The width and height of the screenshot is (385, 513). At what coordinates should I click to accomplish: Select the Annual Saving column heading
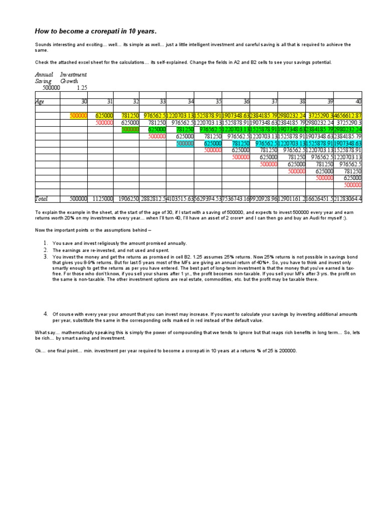pyautogui.click(x=44, y=78)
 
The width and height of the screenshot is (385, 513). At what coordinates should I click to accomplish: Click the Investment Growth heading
pyautogui.click(x=73, y=78)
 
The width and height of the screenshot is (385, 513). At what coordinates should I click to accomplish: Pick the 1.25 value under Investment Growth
pyautogui.click(x=82, y=87)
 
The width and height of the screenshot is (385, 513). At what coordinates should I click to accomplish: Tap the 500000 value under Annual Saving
pyautogui.click(x=51, y=87)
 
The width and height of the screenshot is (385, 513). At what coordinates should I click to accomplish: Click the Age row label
pyautogui.click(x=40, y=102)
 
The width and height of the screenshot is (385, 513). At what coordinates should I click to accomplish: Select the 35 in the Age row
pyautogui.click(x=218, y=102)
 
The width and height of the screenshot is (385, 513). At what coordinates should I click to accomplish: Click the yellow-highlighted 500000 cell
pyautogui.click(x=78, y=116)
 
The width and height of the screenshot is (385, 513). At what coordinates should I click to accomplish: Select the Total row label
pyautogui.click(x=41, y=199)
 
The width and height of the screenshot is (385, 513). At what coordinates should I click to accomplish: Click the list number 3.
pyautogui.click(x=45, y=257)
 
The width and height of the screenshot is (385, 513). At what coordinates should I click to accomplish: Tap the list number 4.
pyautogui.click(x=45, y=314)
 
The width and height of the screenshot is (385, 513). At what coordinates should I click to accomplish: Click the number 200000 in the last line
pyautogui.click(x=287, y=351)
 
